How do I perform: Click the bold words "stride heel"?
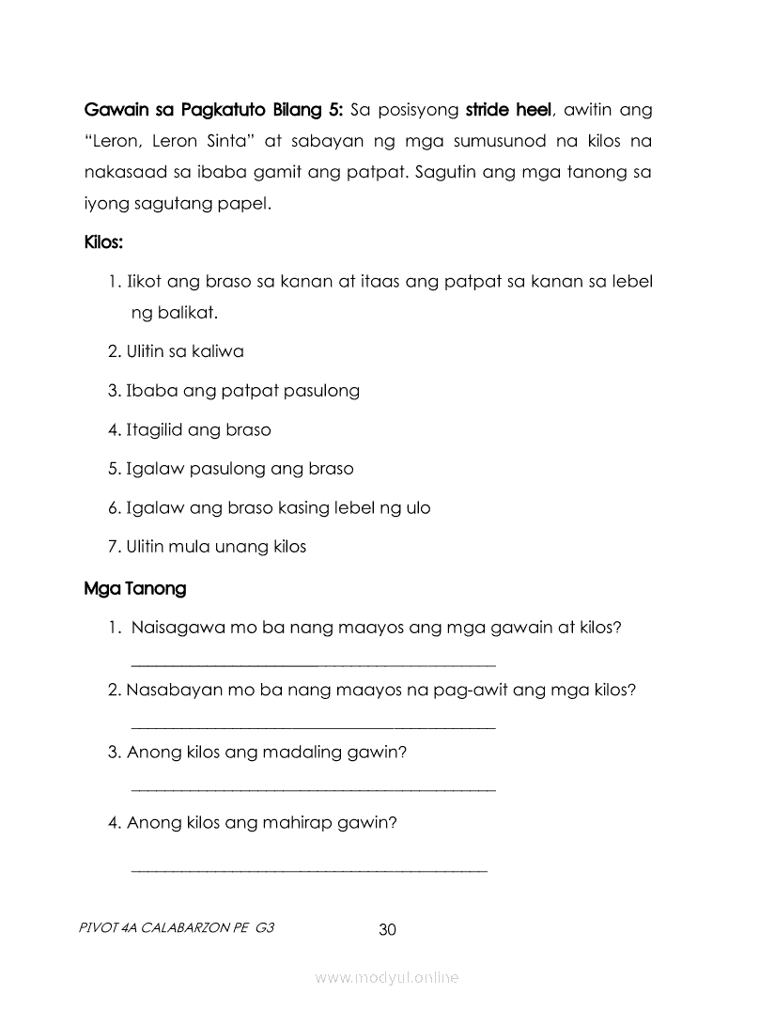click(x=507, y=111)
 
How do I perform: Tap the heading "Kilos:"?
click(x=104, y=242)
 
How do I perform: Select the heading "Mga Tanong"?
click(x=135, y=589)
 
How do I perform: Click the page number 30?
click(x=387, y=930)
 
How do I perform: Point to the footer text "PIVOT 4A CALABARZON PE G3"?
click(x=178, y=928)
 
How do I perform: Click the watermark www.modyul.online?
click(x=387, y=978)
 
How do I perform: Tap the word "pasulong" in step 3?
click(x=321, y=391)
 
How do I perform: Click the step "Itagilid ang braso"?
click(x=189, y=430)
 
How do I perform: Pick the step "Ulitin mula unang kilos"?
click(x=207, y=547)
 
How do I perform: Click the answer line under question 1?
click(x=313, y=665)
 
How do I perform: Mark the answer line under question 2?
click(x=313, y=727)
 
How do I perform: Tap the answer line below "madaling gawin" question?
click(x=313, y=790)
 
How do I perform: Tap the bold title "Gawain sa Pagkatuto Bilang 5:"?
click(x=213, y=111)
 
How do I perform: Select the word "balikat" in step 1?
click(x=193, y=313)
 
